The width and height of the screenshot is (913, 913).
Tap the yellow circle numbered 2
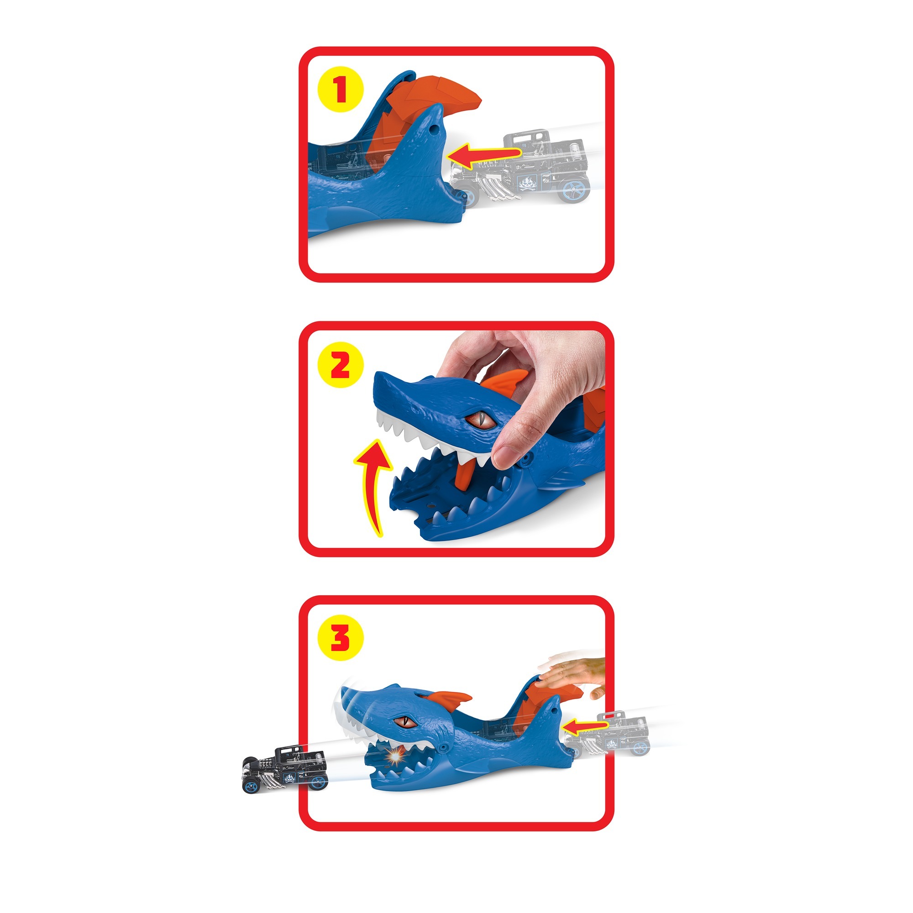(340, 364)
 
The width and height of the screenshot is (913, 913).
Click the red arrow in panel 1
(484, 156)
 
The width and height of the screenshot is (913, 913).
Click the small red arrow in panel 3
(586, 726)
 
